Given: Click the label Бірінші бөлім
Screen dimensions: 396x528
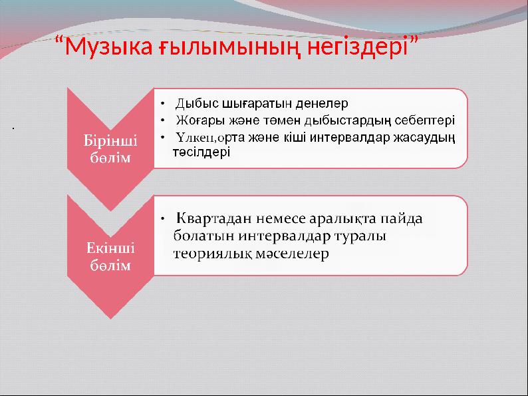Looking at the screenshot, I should (110, 149).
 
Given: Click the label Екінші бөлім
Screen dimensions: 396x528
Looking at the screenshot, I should (110, 256).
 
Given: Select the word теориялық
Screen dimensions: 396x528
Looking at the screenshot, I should (211, 254).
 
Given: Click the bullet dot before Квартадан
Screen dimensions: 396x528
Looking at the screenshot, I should (162, 219).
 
